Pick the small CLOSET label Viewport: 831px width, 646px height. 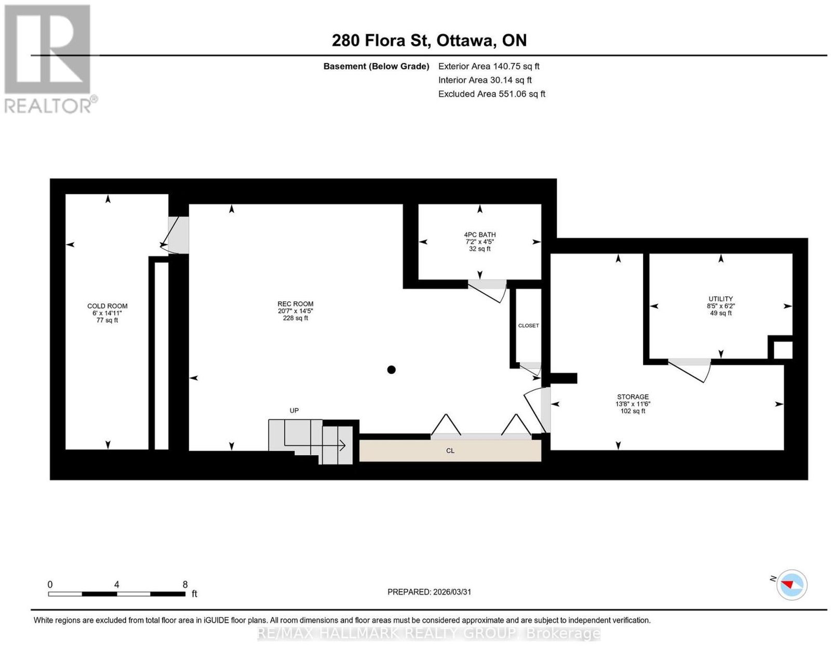[529, 325]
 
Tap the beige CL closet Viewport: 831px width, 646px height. [450, 451]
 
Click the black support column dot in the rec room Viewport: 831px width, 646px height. [391, 370]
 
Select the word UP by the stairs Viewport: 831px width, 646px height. [294, 411]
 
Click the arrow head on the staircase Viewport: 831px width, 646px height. [343, 445]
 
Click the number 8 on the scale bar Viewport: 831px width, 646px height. [185, 584]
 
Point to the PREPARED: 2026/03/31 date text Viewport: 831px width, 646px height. [429, 591]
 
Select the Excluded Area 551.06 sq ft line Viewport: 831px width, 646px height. [491, 94]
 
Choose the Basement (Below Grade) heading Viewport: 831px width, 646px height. [377, 66]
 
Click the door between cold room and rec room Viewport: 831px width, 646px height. [175, 235]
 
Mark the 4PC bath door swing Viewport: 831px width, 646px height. [488, 291]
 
